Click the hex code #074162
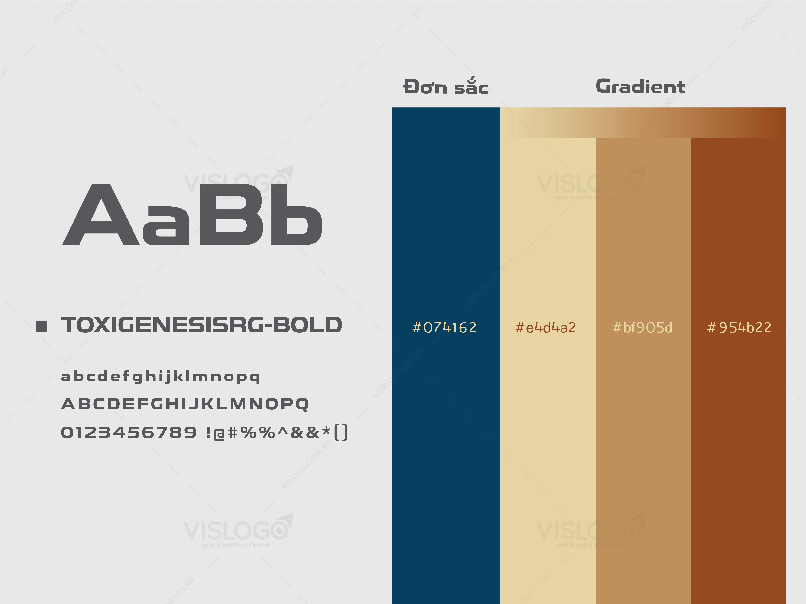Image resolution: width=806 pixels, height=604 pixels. click(x=444, y=328)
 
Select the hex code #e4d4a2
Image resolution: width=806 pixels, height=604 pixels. click(x=546, y=328)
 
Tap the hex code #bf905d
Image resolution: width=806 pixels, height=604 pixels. click(x=642, y=328)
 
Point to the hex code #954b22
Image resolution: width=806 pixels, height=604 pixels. click(x=739, y=328)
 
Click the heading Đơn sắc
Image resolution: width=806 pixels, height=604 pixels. click(x=446, y=86)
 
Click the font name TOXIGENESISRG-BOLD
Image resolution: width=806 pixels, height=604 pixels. click(x=201, y=325)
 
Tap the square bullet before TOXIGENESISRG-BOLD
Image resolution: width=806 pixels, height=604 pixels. click(x=42, y=326)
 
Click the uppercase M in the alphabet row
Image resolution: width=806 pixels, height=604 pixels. click(x=238, y=404)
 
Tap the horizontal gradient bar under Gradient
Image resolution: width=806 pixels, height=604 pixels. click(x=643, y=123)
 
